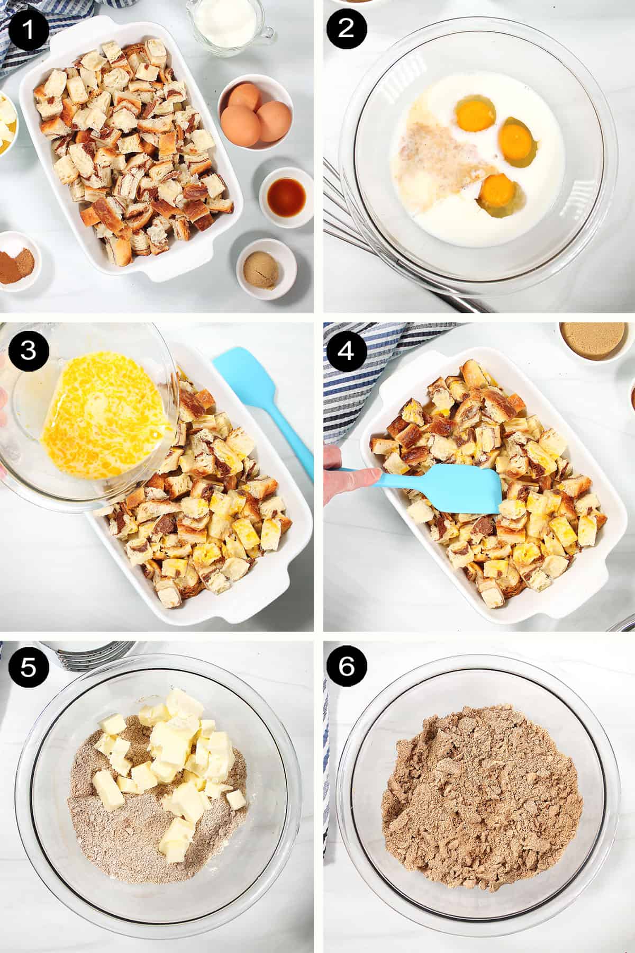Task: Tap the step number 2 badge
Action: pyautogui.click(x=346, y=29)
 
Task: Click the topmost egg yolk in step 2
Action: pyautogui.click(x=476, y=112)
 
